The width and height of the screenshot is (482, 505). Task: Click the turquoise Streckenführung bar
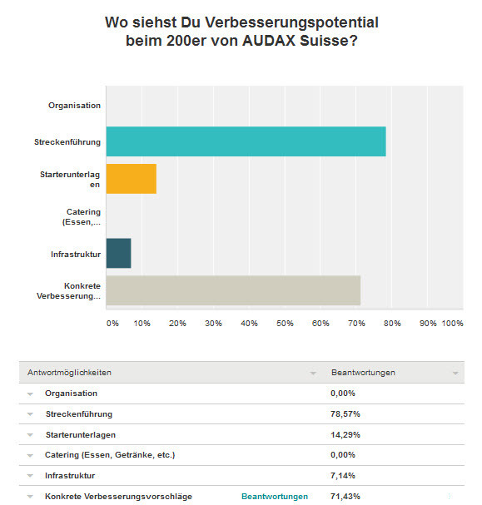(246, 141)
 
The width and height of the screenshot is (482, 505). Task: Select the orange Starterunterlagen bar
(132, 179)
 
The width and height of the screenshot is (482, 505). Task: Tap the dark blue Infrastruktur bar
(118, 253)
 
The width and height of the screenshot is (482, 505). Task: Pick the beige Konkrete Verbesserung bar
(233, 290)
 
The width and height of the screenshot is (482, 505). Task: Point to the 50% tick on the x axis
(285, 324)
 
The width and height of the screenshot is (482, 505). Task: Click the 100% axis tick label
(452, 324)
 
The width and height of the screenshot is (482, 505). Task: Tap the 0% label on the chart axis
(112, 324)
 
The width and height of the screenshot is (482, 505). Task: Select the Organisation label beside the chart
(74, 106)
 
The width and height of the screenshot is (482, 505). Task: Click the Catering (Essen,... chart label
(82, 217)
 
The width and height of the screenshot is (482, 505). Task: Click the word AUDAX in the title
(269, 41)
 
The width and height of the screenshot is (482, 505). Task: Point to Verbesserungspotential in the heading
(291, 22)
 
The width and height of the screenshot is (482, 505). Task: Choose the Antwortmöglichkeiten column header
(69, 373)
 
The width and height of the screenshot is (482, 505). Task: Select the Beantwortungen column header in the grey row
(363, 373)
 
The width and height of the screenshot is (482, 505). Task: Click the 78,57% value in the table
(345, 413)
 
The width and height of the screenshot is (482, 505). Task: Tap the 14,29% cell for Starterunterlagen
(345, 435)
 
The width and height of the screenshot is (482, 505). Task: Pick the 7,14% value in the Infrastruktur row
(343, 475)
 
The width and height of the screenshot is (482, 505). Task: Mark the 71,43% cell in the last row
(345, 497)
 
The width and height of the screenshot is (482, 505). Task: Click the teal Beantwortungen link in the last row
(275, 497)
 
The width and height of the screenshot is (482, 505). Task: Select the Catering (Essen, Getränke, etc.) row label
(110, 455)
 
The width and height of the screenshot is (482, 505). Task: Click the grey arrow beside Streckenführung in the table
(30, 414)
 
